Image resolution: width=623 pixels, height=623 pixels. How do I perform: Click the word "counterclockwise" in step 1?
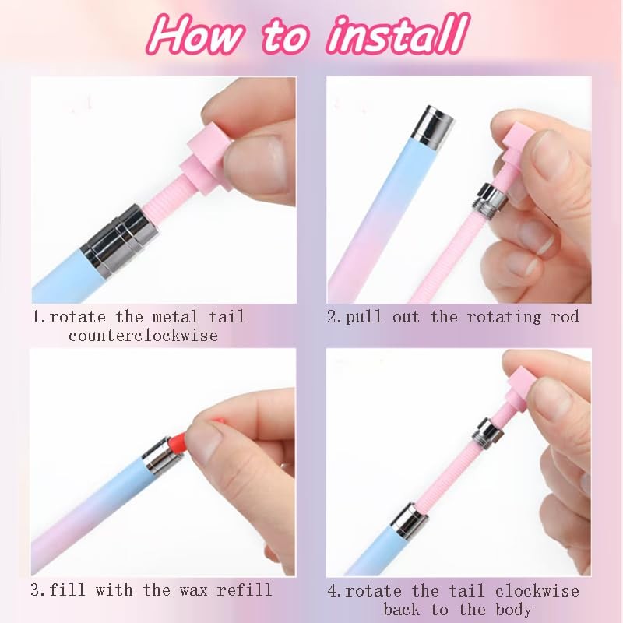[x=143, y=336]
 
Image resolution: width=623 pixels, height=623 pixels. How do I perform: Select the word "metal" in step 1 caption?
[x=160, y=317]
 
